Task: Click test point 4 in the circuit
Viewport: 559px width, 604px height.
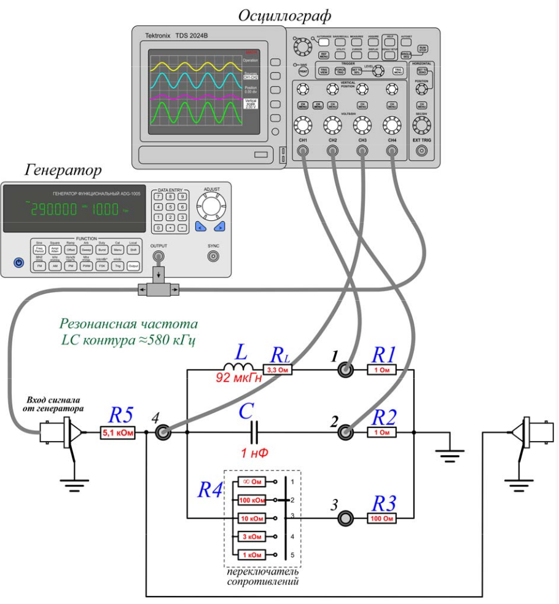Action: click(163, 433)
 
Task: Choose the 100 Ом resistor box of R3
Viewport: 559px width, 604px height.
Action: click(381, 519)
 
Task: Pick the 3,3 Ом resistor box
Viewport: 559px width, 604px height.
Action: click(278, 370)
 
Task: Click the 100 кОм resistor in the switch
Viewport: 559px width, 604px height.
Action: click(252, 500)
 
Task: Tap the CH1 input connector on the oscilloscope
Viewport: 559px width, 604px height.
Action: click(302, 151)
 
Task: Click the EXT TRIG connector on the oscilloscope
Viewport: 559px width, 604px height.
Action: click(421, 151)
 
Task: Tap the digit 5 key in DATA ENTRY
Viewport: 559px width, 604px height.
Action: click(170, 207)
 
